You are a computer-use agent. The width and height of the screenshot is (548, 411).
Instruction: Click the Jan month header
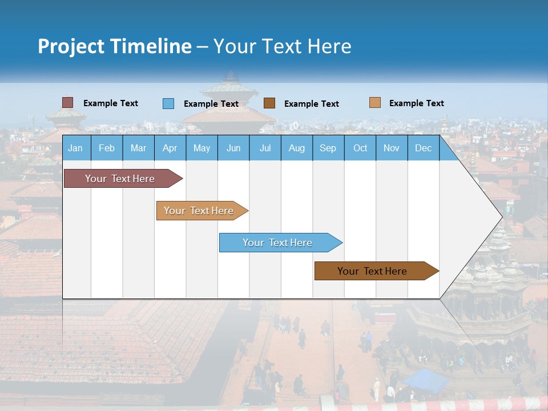click(x=75, y=148)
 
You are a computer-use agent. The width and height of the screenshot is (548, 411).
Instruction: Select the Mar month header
click(x=138, y=148)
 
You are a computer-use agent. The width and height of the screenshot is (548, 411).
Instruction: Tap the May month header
click(x=202, y=148)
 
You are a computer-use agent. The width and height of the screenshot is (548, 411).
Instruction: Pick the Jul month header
click(x=265, y=148)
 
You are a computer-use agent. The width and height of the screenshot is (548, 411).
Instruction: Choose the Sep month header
click(x=328, y=148)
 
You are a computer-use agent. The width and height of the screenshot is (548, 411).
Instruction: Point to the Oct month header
click(x=360, y=148)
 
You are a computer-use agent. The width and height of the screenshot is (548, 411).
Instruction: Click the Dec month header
click(x=423, y=148)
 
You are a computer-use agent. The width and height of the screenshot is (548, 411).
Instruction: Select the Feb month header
click(x=107, y=148)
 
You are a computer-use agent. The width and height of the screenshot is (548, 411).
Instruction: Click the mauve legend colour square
click(x=68, y=103)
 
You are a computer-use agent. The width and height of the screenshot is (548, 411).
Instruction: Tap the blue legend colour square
click(x=168, y=103)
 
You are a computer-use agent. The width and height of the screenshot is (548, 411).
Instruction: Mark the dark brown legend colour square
click(x=269, y=103)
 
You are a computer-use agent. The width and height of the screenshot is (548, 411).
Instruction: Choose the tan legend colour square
click(x=374, y=103)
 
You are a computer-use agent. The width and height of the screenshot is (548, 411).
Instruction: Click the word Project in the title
click(x=71, y=46)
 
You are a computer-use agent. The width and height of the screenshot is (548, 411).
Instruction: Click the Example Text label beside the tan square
click(x=416, y=103)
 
